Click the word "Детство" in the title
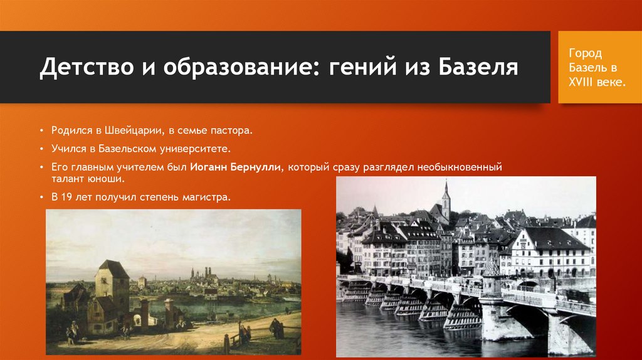(x=80, y=67)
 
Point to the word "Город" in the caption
(x=585, y=53)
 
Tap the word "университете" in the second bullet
(x=192, y=150)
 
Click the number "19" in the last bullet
(x=68, y=197)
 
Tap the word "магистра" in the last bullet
(x=209, y=197)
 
